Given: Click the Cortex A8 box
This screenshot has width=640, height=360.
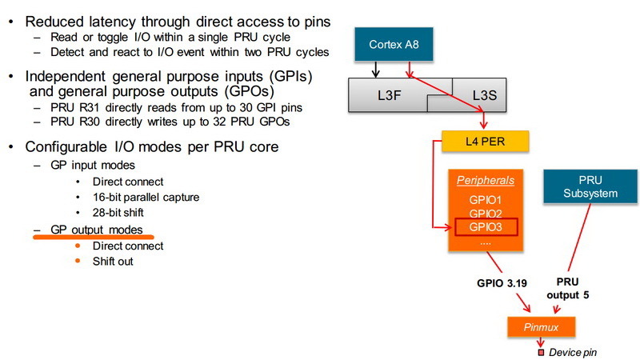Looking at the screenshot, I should coord(393,44).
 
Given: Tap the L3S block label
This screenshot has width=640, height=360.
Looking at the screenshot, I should coord(485,95).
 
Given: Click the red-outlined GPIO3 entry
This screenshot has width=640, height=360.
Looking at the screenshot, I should coord(486,228).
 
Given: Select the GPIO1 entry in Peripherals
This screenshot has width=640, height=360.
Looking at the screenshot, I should coord(486,199).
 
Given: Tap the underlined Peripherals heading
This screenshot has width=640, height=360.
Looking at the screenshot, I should coord(486,181).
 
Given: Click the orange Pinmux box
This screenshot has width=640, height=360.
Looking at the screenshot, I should coord(541,327).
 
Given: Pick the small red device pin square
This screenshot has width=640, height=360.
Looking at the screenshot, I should coord(541,352).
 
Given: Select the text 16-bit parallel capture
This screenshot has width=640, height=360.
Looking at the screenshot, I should coord(146,197).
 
